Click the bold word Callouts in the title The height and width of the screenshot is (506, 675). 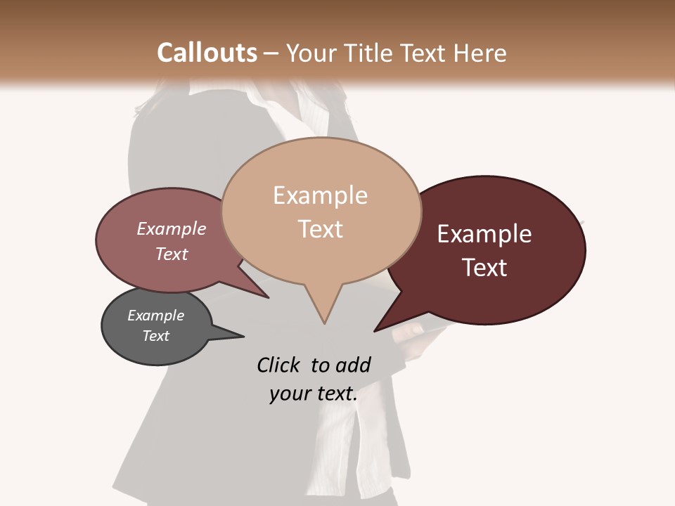tap(207, 53)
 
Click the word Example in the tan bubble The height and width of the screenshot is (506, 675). tap(320, 195)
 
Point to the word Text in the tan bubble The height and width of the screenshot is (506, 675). tap(320, 229)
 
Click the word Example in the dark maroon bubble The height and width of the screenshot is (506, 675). tap(484, 234)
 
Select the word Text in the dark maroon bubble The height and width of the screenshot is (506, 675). tap(484, 268)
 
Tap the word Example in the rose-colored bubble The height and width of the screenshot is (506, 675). tap(171, 228)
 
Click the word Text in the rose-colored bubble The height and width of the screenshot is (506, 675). tap(171, 254)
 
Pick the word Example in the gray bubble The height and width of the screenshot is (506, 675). tap(155, 316)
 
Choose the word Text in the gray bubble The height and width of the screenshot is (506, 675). tap(155, 336)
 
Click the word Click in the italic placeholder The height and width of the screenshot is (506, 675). tap(278, 365)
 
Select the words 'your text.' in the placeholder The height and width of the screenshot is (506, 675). tap(313, 394)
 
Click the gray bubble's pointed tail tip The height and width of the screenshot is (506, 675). tap(243, 336)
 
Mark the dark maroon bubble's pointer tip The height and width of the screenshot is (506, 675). tap(375, 331)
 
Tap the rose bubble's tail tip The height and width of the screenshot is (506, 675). tap(268, 297)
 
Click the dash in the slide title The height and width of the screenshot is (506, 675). tap(271, 53)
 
